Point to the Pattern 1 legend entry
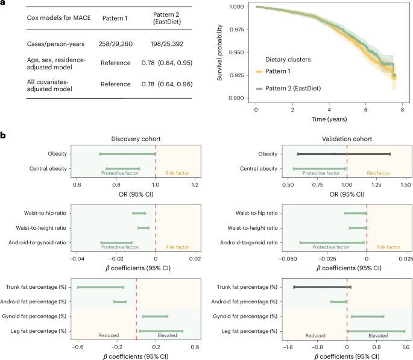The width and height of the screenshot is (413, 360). pyautogui.click(x=277, y=71)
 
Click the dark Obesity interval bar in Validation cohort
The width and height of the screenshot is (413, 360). pyautogui.click(x=344, y=154)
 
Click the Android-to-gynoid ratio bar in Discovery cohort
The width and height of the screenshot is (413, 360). pyautogui.click(x=117, y=242)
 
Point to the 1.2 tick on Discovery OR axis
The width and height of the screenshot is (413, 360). pyautogui.click(x=194, y=184)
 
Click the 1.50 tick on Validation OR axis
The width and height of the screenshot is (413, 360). pyautogui.click(x=405, y=184)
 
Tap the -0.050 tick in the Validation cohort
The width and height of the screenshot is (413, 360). pyautogui.click(x=288, y=259)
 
